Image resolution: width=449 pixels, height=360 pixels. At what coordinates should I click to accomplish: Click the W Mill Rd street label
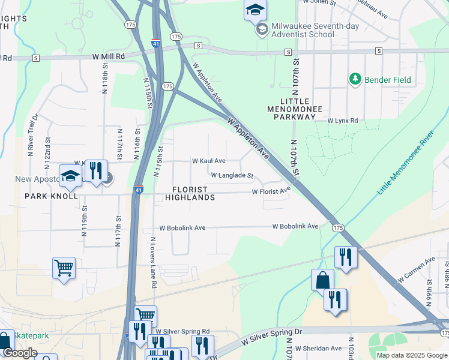coord(109,56)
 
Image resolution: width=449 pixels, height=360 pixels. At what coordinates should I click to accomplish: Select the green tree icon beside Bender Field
coord(355,79)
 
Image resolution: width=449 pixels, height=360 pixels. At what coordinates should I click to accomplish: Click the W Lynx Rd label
coord(342,121)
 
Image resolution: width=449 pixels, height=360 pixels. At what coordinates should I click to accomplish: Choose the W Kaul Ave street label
coord(208,161)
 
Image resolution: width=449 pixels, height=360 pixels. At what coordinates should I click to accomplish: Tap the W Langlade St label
coord(232,176)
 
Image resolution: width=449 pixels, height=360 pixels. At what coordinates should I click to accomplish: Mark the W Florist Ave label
coord(271,191)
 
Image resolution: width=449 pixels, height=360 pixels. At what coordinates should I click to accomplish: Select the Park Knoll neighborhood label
coord(51,196)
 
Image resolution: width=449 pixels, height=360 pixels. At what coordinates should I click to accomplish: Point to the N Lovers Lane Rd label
coord(153,263)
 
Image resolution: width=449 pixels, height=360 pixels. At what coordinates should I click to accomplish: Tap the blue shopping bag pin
coord(322,280)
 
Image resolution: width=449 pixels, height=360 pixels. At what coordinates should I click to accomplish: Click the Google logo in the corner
coord(20,353)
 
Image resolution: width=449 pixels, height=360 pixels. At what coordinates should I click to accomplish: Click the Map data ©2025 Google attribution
coord(411,355)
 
